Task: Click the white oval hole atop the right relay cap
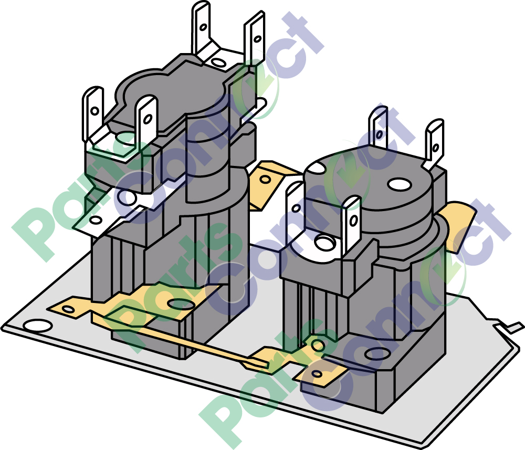[399, 184]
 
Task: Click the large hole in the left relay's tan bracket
[180, 304]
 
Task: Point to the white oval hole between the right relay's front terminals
[325, 242]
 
